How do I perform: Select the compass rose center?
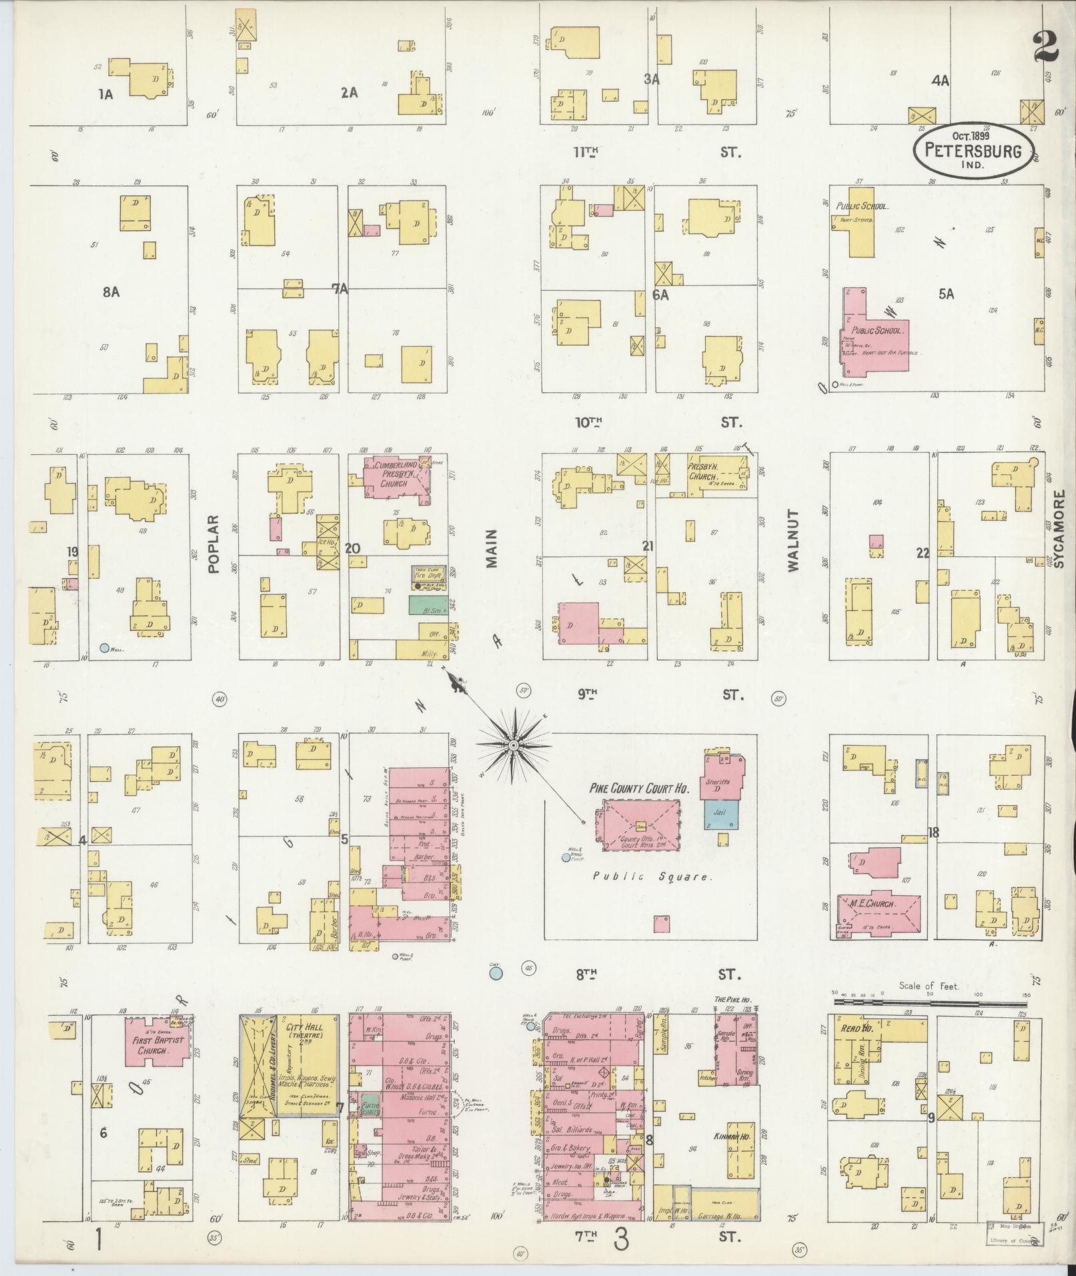[x=514, y=745]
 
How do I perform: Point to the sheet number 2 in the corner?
[x=1045, y=47]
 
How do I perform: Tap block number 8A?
[x=111, y=292]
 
